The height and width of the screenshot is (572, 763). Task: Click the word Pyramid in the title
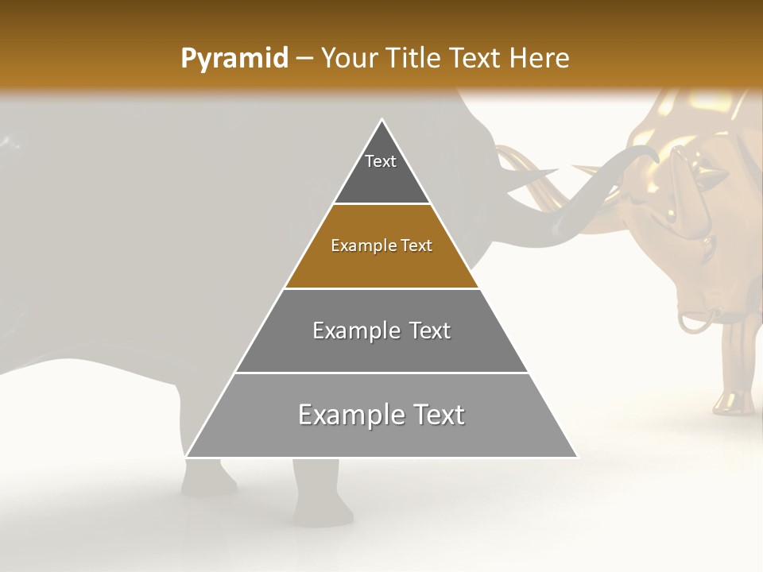[x=234, y=59]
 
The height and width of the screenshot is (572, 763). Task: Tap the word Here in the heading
[x=539, y=59]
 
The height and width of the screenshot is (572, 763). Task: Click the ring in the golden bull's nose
[x=695, y=322]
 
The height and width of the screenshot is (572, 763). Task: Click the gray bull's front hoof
[x=322, y=512]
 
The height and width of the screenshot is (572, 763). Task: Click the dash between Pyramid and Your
[x=304, y=59]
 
